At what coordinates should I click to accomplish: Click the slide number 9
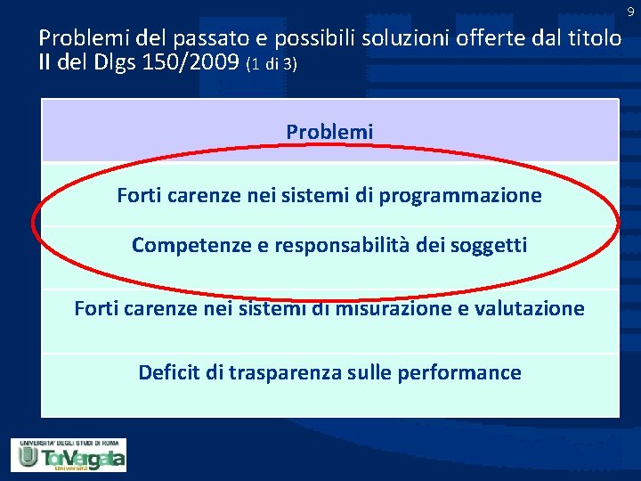click(x=629, y=12)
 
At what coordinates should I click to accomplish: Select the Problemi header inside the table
click(x=329, y=132)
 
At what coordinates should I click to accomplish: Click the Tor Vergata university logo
click(x=69, y=454)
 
